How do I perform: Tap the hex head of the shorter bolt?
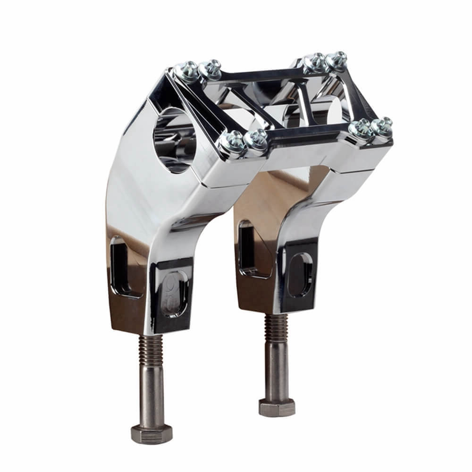pos(276,406)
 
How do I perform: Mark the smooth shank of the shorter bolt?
pos(277,373)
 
